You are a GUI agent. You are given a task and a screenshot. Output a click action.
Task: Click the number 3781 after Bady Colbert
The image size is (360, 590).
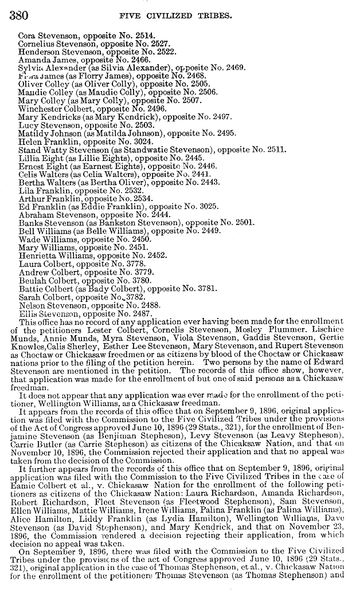204,289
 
